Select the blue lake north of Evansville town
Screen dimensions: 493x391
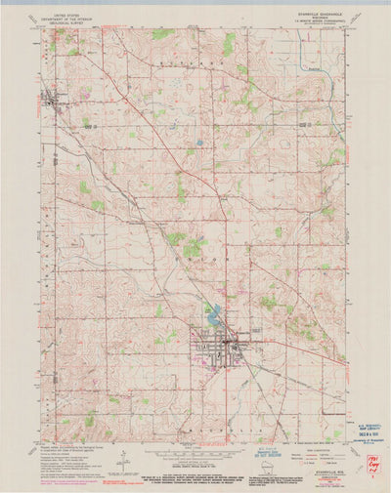pyautogui.click(x=212, y=314)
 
